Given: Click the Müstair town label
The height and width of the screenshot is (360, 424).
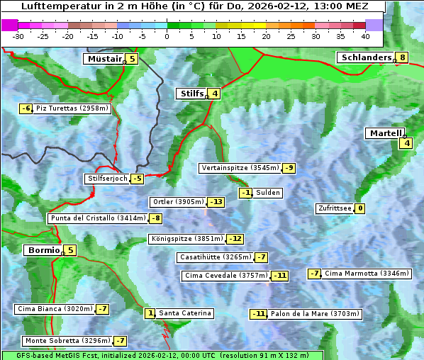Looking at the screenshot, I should [104, 59].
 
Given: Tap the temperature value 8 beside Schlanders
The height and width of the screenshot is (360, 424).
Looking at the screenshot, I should [403, 57].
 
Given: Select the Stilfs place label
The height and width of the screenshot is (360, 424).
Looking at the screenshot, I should [191, 93].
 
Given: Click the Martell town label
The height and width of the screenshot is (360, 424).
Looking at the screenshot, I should [385, 133].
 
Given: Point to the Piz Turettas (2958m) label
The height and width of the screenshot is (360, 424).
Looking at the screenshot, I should [72, 108].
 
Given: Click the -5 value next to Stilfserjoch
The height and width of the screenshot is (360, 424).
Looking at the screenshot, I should [137, 179].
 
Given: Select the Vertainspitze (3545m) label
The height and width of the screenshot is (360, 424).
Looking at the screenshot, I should [240, 168].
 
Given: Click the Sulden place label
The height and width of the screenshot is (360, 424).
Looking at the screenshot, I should [268, 193].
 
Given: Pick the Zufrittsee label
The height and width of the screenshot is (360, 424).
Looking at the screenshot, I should [334, 208].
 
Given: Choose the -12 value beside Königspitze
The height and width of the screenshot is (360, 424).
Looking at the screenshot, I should [235, 239].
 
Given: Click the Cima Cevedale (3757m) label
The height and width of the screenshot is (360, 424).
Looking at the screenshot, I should [225, 276].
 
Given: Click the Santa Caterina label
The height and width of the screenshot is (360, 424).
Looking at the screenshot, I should [184, 313].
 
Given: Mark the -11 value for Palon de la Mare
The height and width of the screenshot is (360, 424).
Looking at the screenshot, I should [259, 314].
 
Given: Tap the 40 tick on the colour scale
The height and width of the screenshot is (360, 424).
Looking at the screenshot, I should [365, 35].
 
